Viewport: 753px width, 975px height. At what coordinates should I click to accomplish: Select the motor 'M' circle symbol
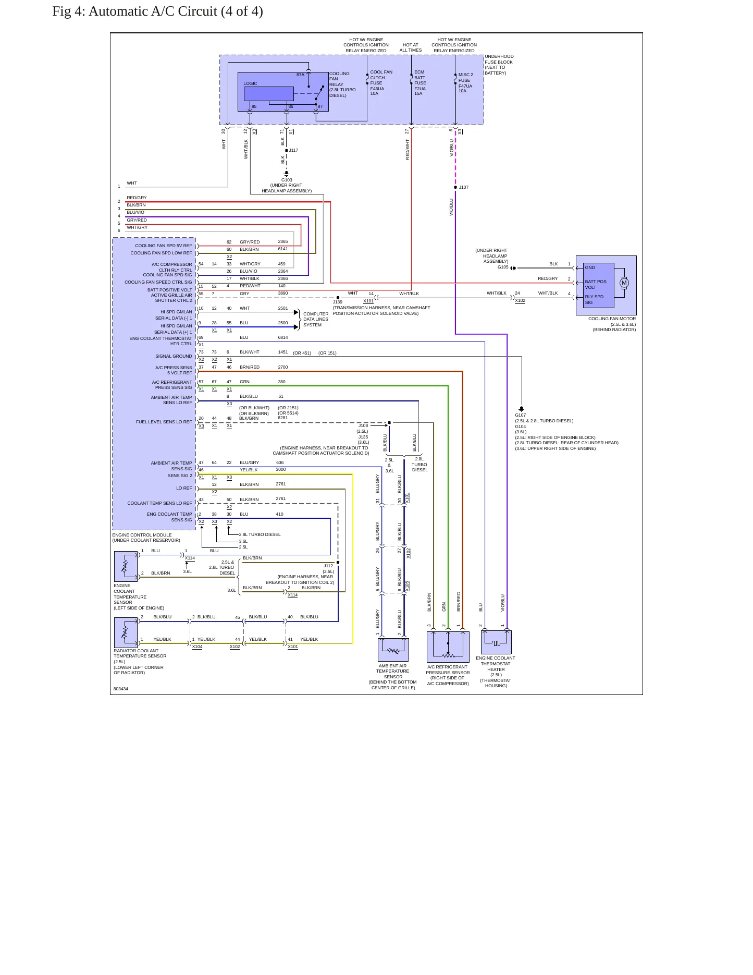(624, 283)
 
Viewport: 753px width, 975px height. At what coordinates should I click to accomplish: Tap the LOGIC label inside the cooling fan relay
(250, 83)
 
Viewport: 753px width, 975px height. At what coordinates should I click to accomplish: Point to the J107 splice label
(464, 187)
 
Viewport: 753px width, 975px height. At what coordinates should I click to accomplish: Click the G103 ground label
(287, 180)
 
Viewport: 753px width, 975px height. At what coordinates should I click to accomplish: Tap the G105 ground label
(503, 267)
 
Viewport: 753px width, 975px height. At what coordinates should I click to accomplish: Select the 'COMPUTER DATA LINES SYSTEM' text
(316, 320)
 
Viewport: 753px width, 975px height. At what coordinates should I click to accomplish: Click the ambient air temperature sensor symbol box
(393, 650)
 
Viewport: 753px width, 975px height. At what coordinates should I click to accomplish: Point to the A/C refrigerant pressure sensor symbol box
(448, 647)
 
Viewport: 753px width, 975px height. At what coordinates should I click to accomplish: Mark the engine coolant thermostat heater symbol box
(496, 642)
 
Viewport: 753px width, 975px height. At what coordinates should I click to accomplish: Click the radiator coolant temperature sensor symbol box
(126, 633)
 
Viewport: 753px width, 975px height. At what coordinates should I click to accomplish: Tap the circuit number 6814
(283, 337)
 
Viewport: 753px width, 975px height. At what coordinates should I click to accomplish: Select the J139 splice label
(338, 302)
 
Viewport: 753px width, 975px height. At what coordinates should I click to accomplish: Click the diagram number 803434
(121, 689)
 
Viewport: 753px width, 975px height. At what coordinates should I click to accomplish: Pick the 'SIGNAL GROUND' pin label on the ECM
(174, 356)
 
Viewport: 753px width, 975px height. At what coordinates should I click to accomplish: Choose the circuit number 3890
(283, 294)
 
